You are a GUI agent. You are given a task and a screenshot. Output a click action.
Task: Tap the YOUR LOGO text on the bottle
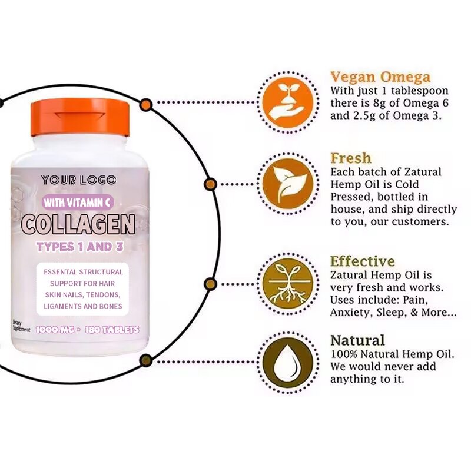[78, 180]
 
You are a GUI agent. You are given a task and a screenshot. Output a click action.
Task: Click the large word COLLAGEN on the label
[78, 224]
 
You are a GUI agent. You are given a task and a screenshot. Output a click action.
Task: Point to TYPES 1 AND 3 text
[79, 247]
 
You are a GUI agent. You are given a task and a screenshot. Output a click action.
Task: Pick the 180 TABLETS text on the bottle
[111, 330]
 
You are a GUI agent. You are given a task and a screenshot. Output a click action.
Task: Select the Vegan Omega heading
[380, 77]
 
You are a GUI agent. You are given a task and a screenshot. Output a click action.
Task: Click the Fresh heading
[351, 158]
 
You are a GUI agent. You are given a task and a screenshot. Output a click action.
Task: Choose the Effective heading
[362, 261]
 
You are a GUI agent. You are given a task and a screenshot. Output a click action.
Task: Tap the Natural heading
[357, 340]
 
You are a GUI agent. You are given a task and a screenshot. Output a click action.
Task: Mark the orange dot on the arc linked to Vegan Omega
[145, 104]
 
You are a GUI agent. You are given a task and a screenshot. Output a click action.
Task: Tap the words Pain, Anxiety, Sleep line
[393, 313]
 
